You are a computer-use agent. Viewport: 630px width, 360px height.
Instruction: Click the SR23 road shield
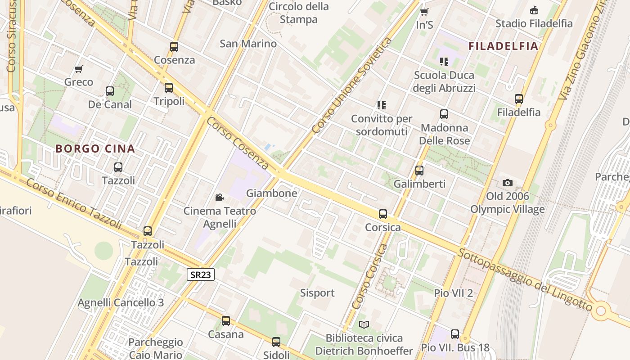[x=200, y=274]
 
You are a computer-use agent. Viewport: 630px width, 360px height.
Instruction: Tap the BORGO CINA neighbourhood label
[x=95, y=149]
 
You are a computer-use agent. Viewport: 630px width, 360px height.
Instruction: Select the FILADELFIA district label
[x=503, y=46]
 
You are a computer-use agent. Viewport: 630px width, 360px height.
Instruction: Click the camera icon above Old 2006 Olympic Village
[x=508, y=183]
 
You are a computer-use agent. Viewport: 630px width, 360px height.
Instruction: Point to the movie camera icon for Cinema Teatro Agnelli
[x=219, y=197]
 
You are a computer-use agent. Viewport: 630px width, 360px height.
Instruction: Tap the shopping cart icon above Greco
[x=79, y=69]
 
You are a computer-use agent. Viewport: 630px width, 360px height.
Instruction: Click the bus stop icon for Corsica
[x=383, y=214]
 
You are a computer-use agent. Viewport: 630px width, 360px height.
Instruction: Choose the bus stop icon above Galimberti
[x=419, y=171]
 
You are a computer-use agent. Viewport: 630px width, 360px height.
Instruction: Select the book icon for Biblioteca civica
[x=364, y=324]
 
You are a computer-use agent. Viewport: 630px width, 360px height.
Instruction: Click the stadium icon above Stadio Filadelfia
[x=534, y=10]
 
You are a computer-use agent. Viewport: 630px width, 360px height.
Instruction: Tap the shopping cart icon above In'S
[x=424, y=12]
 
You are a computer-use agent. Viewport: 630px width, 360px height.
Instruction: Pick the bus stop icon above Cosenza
[x=174, y=46]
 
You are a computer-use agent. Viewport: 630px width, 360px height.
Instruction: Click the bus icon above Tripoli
[x=169, y=88]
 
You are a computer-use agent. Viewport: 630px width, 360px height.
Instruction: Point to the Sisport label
[x=317, y=293]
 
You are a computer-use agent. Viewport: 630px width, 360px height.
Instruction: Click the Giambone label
[x=271, y=193]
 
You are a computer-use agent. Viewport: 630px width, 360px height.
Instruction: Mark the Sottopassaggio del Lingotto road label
[x=525, y=280]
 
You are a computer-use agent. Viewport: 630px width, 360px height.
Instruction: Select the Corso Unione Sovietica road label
[x=352, y=86]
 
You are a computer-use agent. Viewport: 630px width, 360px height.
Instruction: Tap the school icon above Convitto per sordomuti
[x=382, y=105]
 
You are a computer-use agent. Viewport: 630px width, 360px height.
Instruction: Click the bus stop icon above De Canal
[x=110, y=91]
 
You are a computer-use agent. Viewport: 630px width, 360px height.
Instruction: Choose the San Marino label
[x=248, y=44]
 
